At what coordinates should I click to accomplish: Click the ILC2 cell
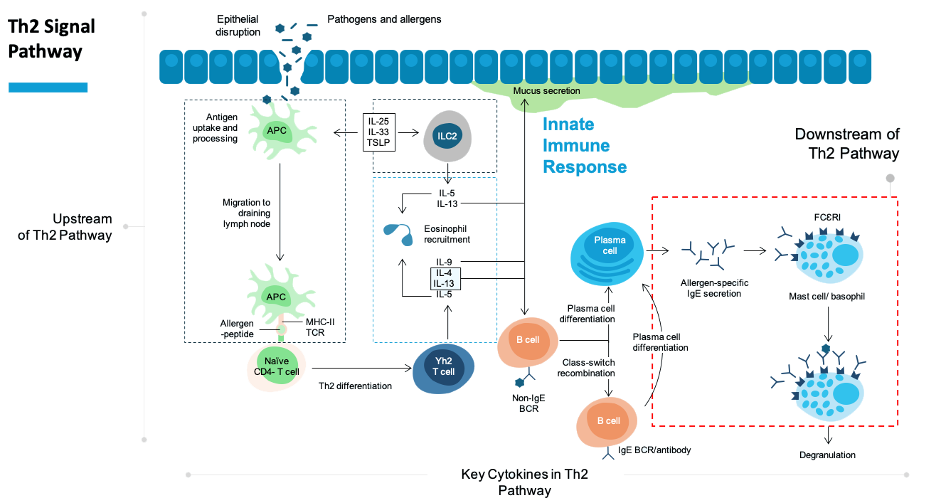(447, 137)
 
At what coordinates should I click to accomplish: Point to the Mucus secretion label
(546, 91)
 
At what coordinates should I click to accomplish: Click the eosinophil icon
(397, 233)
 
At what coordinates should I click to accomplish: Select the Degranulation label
(827, 455)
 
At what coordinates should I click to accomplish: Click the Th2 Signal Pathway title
(51, 40)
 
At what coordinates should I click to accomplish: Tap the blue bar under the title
(48, 88)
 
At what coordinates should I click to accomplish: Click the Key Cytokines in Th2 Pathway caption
(525, 482)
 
